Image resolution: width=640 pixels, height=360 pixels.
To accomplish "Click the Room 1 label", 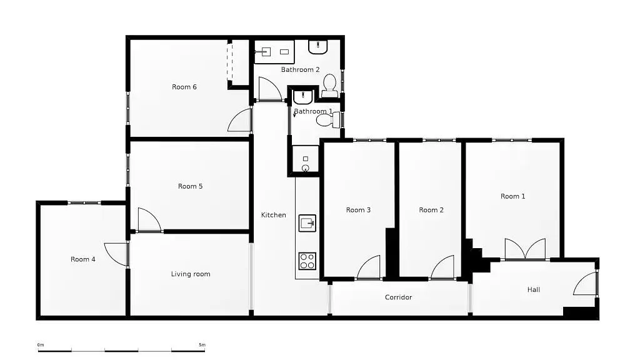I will click(x=512, y=196).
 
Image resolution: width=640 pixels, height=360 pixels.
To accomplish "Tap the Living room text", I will click(x=191, y=274).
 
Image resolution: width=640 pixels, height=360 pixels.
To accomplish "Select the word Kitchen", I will click(x=273, y=215).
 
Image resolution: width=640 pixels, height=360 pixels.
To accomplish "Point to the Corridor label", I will click(x=398, y=297).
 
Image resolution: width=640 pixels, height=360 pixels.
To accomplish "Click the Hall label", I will click(x=534, y=289).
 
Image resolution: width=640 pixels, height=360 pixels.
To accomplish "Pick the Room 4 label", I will click(x=82, y=259).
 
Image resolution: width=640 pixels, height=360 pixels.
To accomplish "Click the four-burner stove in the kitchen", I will click(x=307, y=261).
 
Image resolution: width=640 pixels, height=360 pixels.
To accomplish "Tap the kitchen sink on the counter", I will click(x=307, y=222).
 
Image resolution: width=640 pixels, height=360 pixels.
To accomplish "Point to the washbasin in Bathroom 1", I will click(x=303, y=97).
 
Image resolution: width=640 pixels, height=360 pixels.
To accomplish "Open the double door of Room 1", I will click(x=525, y=249).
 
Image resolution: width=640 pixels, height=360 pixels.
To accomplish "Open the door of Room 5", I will click(x=148, y=220).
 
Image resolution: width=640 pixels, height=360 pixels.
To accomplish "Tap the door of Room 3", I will click(x=369, y=267).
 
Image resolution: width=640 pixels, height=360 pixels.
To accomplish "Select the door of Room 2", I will click(x=442, y=267).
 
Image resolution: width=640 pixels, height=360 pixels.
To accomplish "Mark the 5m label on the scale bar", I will click(x=201, y=345).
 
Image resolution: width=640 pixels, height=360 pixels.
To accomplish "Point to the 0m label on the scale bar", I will click(x=41, y=345).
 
